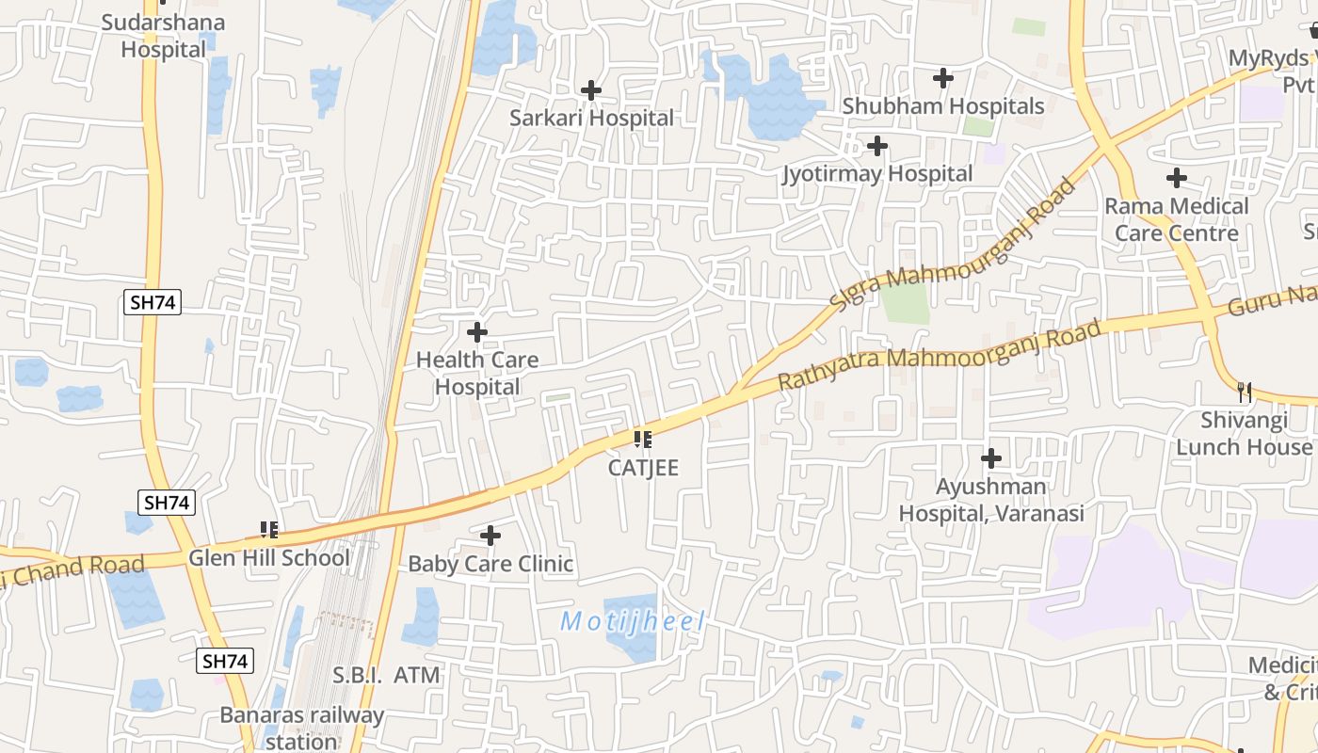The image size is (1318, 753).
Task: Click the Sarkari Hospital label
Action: [x=591, y=119]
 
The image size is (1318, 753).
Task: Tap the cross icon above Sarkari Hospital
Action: [x=591, y=90]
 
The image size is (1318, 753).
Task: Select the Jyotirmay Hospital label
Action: [x=877, y=174]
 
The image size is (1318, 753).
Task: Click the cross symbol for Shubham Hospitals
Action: [x=943, y=78]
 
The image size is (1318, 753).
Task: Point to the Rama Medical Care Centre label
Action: [x=1176, y=219]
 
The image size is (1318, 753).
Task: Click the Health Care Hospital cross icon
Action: [x=477, y=332]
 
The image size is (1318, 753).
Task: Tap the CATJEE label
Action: [x=643, y=468]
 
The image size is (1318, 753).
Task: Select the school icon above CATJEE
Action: [x=643, y=440]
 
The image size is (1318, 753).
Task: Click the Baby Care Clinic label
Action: [x=490, y=565]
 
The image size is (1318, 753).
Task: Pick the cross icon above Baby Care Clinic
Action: [x=490, y=537]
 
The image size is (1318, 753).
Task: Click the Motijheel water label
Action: [x=633, y=622]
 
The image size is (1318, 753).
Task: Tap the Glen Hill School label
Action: [x=269, y=558]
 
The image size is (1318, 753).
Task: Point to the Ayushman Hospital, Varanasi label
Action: [x=991, y=500]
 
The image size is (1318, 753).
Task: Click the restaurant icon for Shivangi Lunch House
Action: [x=1245, y=392]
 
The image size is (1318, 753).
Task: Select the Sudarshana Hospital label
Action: [x=163, y=36]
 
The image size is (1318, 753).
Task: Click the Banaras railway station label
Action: [x=302, y=728]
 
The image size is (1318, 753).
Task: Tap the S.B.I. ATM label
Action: [x=387, y=675]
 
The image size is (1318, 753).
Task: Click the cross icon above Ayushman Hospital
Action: [x=991, y=458]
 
